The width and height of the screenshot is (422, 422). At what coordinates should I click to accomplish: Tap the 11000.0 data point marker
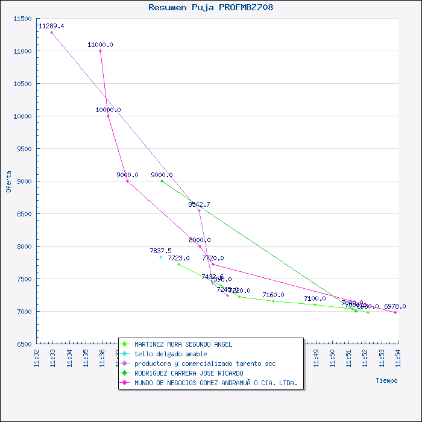tap(100, 51)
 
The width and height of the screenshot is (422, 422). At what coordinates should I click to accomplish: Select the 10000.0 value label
tap(108, 110)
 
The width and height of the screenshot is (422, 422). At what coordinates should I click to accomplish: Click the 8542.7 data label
tap(199, 204)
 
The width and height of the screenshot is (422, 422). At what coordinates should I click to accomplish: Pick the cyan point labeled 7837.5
tap(161, 257)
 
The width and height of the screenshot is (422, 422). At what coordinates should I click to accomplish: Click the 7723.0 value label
tap(178, 258)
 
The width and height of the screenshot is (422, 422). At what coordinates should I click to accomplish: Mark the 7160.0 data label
tap(273, 295)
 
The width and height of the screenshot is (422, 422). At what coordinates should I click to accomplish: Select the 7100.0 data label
tap(315, 298)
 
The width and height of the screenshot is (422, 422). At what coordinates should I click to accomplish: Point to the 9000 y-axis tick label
tap(24, 181)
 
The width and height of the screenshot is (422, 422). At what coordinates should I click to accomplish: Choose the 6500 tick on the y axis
tap(24, 344)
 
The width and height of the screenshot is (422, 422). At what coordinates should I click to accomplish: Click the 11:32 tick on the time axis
tap(37, 357)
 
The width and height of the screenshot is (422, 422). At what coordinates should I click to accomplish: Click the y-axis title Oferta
tap(8, 181)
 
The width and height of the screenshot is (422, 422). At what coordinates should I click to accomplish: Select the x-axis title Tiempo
tap(386, 380)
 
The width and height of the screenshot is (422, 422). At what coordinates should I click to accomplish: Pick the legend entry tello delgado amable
tap(171, 354)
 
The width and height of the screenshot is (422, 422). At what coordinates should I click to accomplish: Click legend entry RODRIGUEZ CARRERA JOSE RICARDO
tap(189, 373)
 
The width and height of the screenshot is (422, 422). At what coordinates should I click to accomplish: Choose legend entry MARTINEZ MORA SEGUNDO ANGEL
tap(183, 344)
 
